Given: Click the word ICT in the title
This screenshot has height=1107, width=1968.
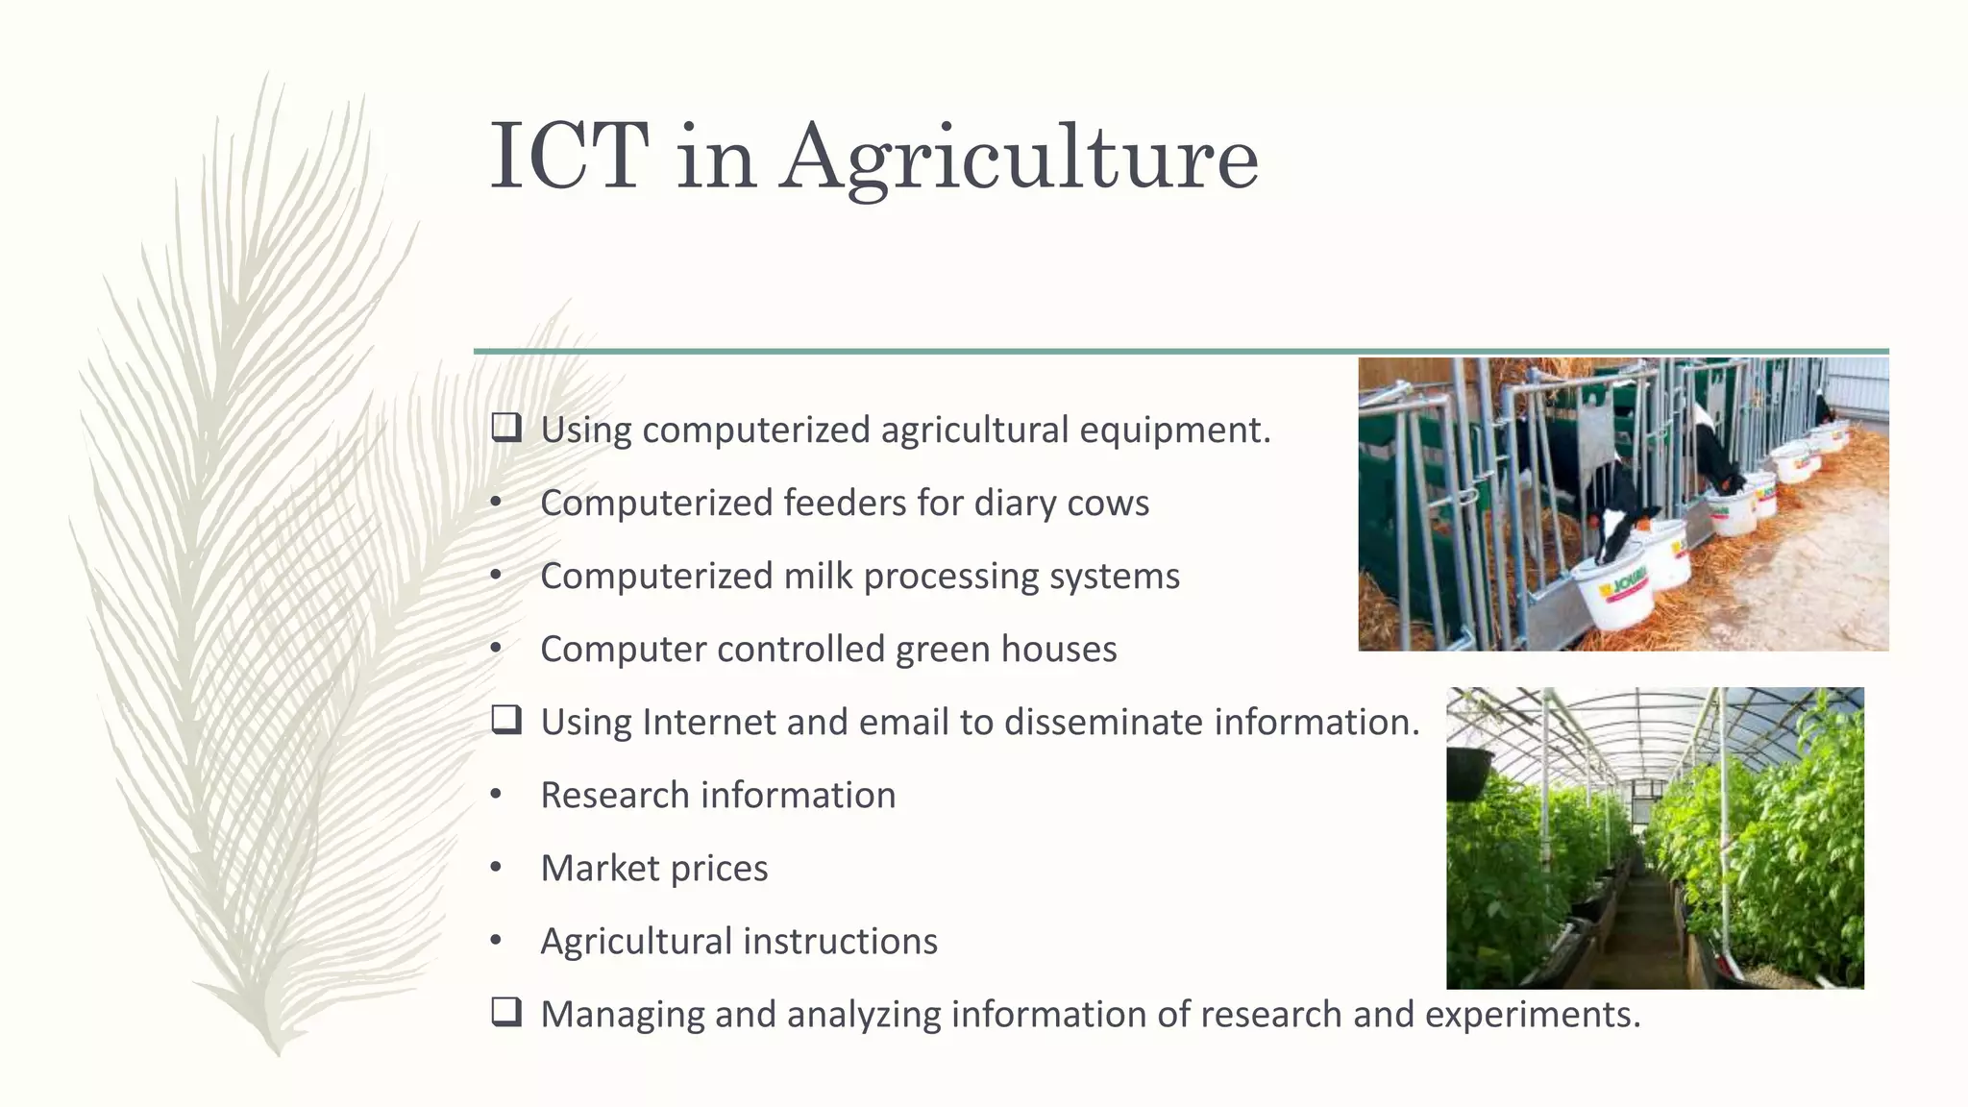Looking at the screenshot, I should point(569,156).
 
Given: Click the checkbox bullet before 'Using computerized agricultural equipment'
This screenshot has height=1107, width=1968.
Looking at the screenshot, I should point(506,428).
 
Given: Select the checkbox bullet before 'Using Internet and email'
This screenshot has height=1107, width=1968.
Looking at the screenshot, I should point(506,720).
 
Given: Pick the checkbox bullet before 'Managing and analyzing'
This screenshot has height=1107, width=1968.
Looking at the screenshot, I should point(506,1012).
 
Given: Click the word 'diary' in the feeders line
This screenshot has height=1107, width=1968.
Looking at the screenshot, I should point(1014,504).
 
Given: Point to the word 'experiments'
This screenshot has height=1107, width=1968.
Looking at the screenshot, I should point(1532,1015).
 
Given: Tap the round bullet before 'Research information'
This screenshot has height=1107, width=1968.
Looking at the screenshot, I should point(496,795).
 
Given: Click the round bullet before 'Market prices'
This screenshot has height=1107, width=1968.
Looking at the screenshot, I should point(496,868).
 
